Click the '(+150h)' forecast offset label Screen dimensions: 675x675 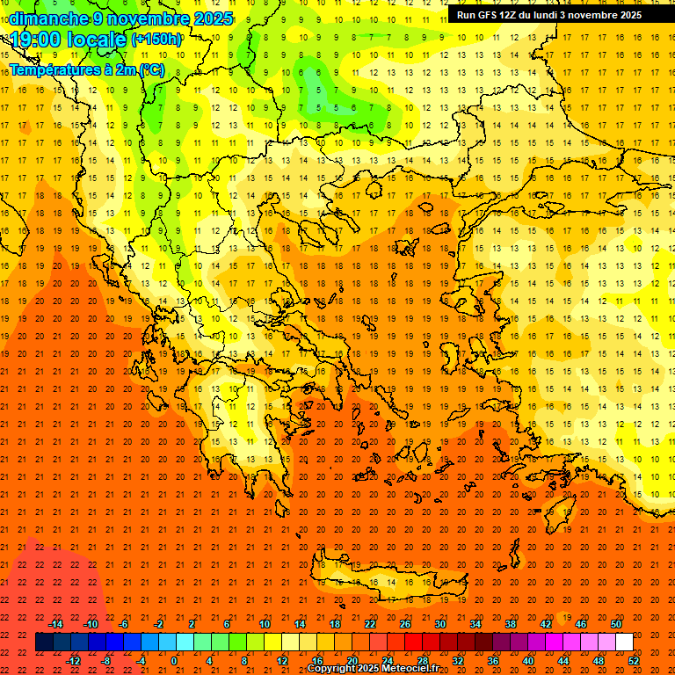pyautogui.click(x=156, y=39)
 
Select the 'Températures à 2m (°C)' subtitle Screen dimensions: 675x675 pyautogui.click(x=86, y=69)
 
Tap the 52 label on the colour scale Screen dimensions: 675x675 pyautogui.click(x=634, y=661)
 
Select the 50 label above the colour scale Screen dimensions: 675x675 pyautogui.click(x=616, y=623)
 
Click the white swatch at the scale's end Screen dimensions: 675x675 pyautogui.click(x=624, y=642)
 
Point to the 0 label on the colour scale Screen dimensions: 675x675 pyautogui.click(x=174, y=661)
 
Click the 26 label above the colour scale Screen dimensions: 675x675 pyautogui.click(x=405, y=623)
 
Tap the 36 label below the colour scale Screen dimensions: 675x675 pyautogui.click(x=493, y=661)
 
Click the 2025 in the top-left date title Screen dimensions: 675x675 pyautogui.click(x=214, y=18)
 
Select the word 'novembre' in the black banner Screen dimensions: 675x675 pyautogui.click(x=586, y=15)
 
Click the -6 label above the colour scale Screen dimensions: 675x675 pyautogui.click(x=124, y=623)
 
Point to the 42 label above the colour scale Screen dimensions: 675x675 pyautogui.click(x=546, y=623)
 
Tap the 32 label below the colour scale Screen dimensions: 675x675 pyautogui.click(x=458, y=661)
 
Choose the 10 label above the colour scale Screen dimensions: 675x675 pyautogui.click(x=265, y=623)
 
